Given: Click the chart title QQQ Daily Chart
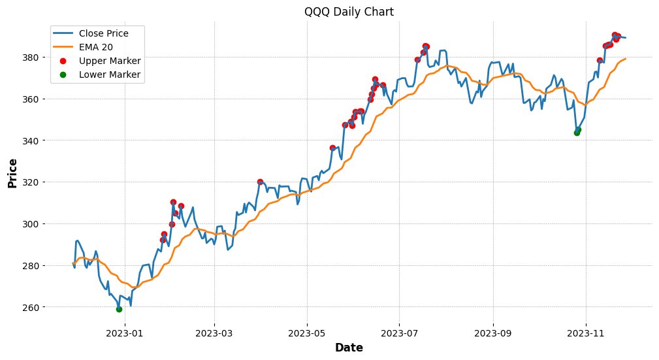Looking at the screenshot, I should click(x=349, y=12).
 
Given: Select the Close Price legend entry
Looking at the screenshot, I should click(x=103, y=33).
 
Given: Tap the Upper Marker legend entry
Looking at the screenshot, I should click(x=110, y=61).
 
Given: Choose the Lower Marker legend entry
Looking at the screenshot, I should click(x=110, y=74).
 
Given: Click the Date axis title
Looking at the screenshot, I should click(x=349, y=348).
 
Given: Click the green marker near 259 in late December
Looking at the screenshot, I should click(x=119, y=309).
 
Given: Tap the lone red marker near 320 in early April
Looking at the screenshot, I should click(x=260, y=182).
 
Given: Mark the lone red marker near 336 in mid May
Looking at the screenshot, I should click(x=332, y=148).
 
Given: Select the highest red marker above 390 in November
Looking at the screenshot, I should click(x=615, y=35).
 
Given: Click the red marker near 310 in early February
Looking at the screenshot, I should click(x=173, y=203).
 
